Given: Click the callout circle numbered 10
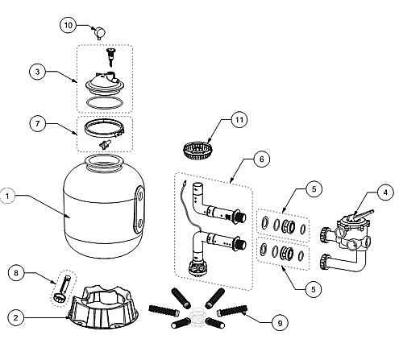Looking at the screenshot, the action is click(68, 25).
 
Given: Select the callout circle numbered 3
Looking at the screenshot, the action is click(38, 72).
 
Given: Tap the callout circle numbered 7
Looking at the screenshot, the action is click(38, 124).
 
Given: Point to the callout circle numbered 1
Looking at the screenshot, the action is click(7, 196).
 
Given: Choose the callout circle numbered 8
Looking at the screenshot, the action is click(16, 273).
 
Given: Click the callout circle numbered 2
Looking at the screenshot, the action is click(16, 318).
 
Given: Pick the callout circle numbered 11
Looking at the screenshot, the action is click(239, 119).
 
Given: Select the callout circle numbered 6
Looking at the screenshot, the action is click(262, 159).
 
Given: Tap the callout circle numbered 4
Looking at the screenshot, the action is click(385, 192).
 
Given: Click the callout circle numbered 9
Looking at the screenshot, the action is click(280, 323).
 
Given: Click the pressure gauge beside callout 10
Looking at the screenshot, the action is click(100, 33).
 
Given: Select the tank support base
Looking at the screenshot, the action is click(103, 308).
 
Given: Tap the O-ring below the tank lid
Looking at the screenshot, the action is click(105, 102).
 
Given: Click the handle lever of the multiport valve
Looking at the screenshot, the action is click(364, 214).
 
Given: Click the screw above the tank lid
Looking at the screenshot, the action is click(110, 56).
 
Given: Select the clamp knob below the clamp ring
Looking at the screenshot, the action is click(105, 144).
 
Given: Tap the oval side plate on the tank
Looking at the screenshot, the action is click(139, 211).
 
